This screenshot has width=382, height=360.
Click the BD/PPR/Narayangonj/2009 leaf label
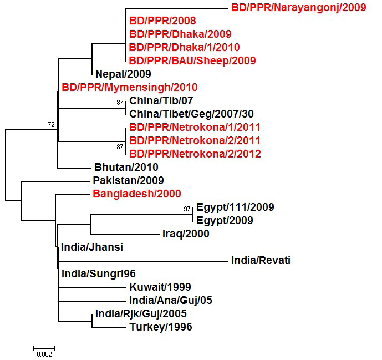[299, 8]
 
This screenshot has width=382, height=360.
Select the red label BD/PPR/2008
[162, 21]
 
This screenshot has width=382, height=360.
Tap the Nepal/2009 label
[123, 74]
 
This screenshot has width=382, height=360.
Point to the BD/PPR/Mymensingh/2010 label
[130, 88]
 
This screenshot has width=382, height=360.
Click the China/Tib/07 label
[161, 100]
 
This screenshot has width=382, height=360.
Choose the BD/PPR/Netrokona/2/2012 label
[195, 154]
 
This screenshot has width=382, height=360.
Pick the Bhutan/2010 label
[126, 167]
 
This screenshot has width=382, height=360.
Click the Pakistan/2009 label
[129, 181]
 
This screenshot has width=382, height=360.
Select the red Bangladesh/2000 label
[137, 194]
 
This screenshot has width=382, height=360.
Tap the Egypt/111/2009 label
[235, 207]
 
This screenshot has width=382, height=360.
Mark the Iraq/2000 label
[186, 234]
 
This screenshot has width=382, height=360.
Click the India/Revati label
[261, 260]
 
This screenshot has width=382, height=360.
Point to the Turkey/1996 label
[161, 327]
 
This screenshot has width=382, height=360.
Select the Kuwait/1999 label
[160, 287]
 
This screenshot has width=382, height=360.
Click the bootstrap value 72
[52, 125]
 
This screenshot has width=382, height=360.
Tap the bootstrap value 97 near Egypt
[187, 209]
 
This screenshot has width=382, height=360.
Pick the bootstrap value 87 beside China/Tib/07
[120, 103]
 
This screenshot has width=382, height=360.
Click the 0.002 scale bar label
[44, 354]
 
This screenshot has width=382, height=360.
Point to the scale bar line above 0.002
[44, 348]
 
